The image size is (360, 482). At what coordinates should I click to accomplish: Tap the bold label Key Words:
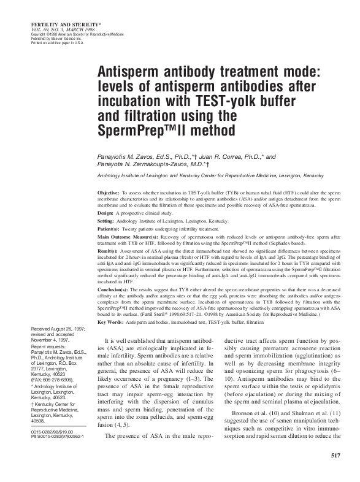click(111, 321)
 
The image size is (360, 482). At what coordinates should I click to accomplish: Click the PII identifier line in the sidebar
click(60, 435)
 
